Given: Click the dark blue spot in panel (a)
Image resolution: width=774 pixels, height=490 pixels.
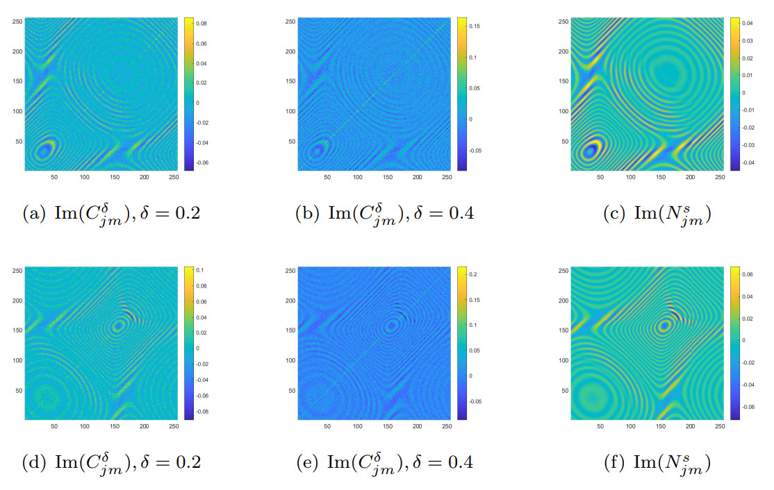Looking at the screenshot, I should click(x=44, y=149).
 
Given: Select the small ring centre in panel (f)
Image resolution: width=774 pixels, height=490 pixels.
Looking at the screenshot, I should click(x=665, y=325).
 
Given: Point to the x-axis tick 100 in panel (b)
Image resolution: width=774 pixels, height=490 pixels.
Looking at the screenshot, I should click(x=358, y=178).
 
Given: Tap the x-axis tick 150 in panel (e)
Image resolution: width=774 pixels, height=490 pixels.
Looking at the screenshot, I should click(x=388, y=425).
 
